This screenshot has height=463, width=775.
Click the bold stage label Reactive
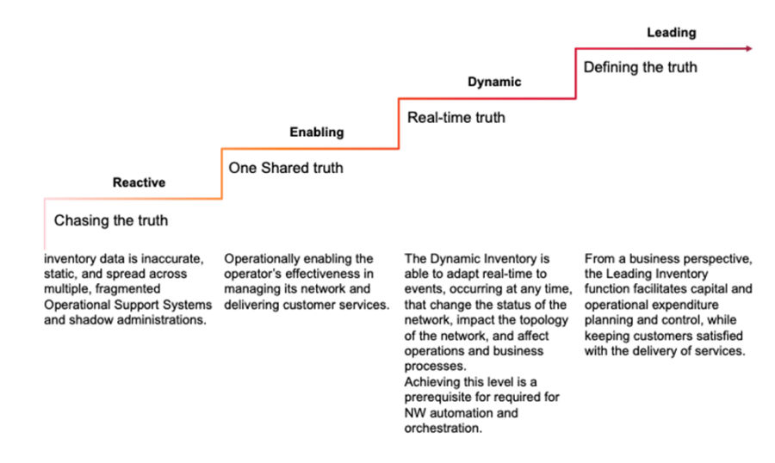pyautogui.click(x=139, y=182)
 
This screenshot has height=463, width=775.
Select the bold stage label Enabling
pyautogui.click(x=316, y=132)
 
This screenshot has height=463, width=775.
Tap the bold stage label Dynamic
pyautogui.click(x=494, y=82)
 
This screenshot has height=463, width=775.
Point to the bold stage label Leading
pyautogui.click(x=671, y=32)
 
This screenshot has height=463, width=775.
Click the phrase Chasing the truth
pyautogui.click(x=111, y=220)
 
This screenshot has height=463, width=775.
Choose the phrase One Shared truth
pyautogui.click(x=286, y=168)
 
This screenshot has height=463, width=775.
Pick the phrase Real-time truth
pyautogui.click(x=456, y=117)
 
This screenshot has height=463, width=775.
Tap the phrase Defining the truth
pyautogui.click(x=641, y=66)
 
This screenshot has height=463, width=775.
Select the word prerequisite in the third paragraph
pyautogui.click(x=439, y=398)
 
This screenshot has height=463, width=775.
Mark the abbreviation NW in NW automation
pyautogui.click(x=415, y=413)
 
